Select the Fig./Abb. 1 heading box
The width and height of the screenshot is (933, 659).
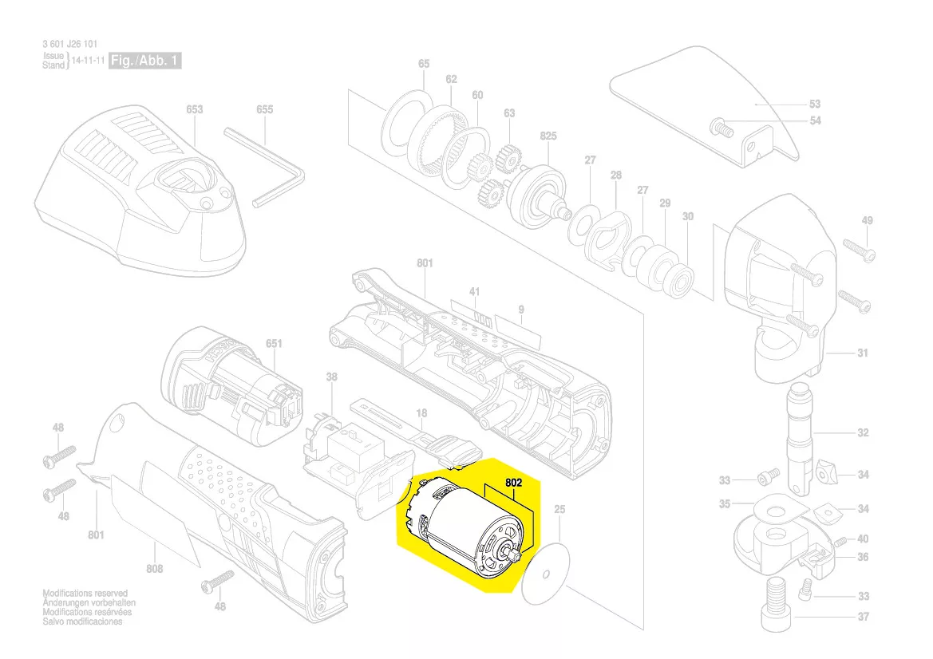[145, 61]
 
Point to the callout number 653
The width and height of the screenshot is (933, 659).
[194, 109]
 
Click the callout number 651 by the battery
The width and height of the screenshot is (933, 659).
[274, 344]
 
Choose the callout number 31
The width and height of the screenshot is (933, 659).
[863, 353]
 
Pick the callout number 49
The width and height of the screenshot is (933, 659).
[868, 220]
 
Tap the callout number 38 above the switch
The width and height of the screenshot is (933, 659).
[331, 377]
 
